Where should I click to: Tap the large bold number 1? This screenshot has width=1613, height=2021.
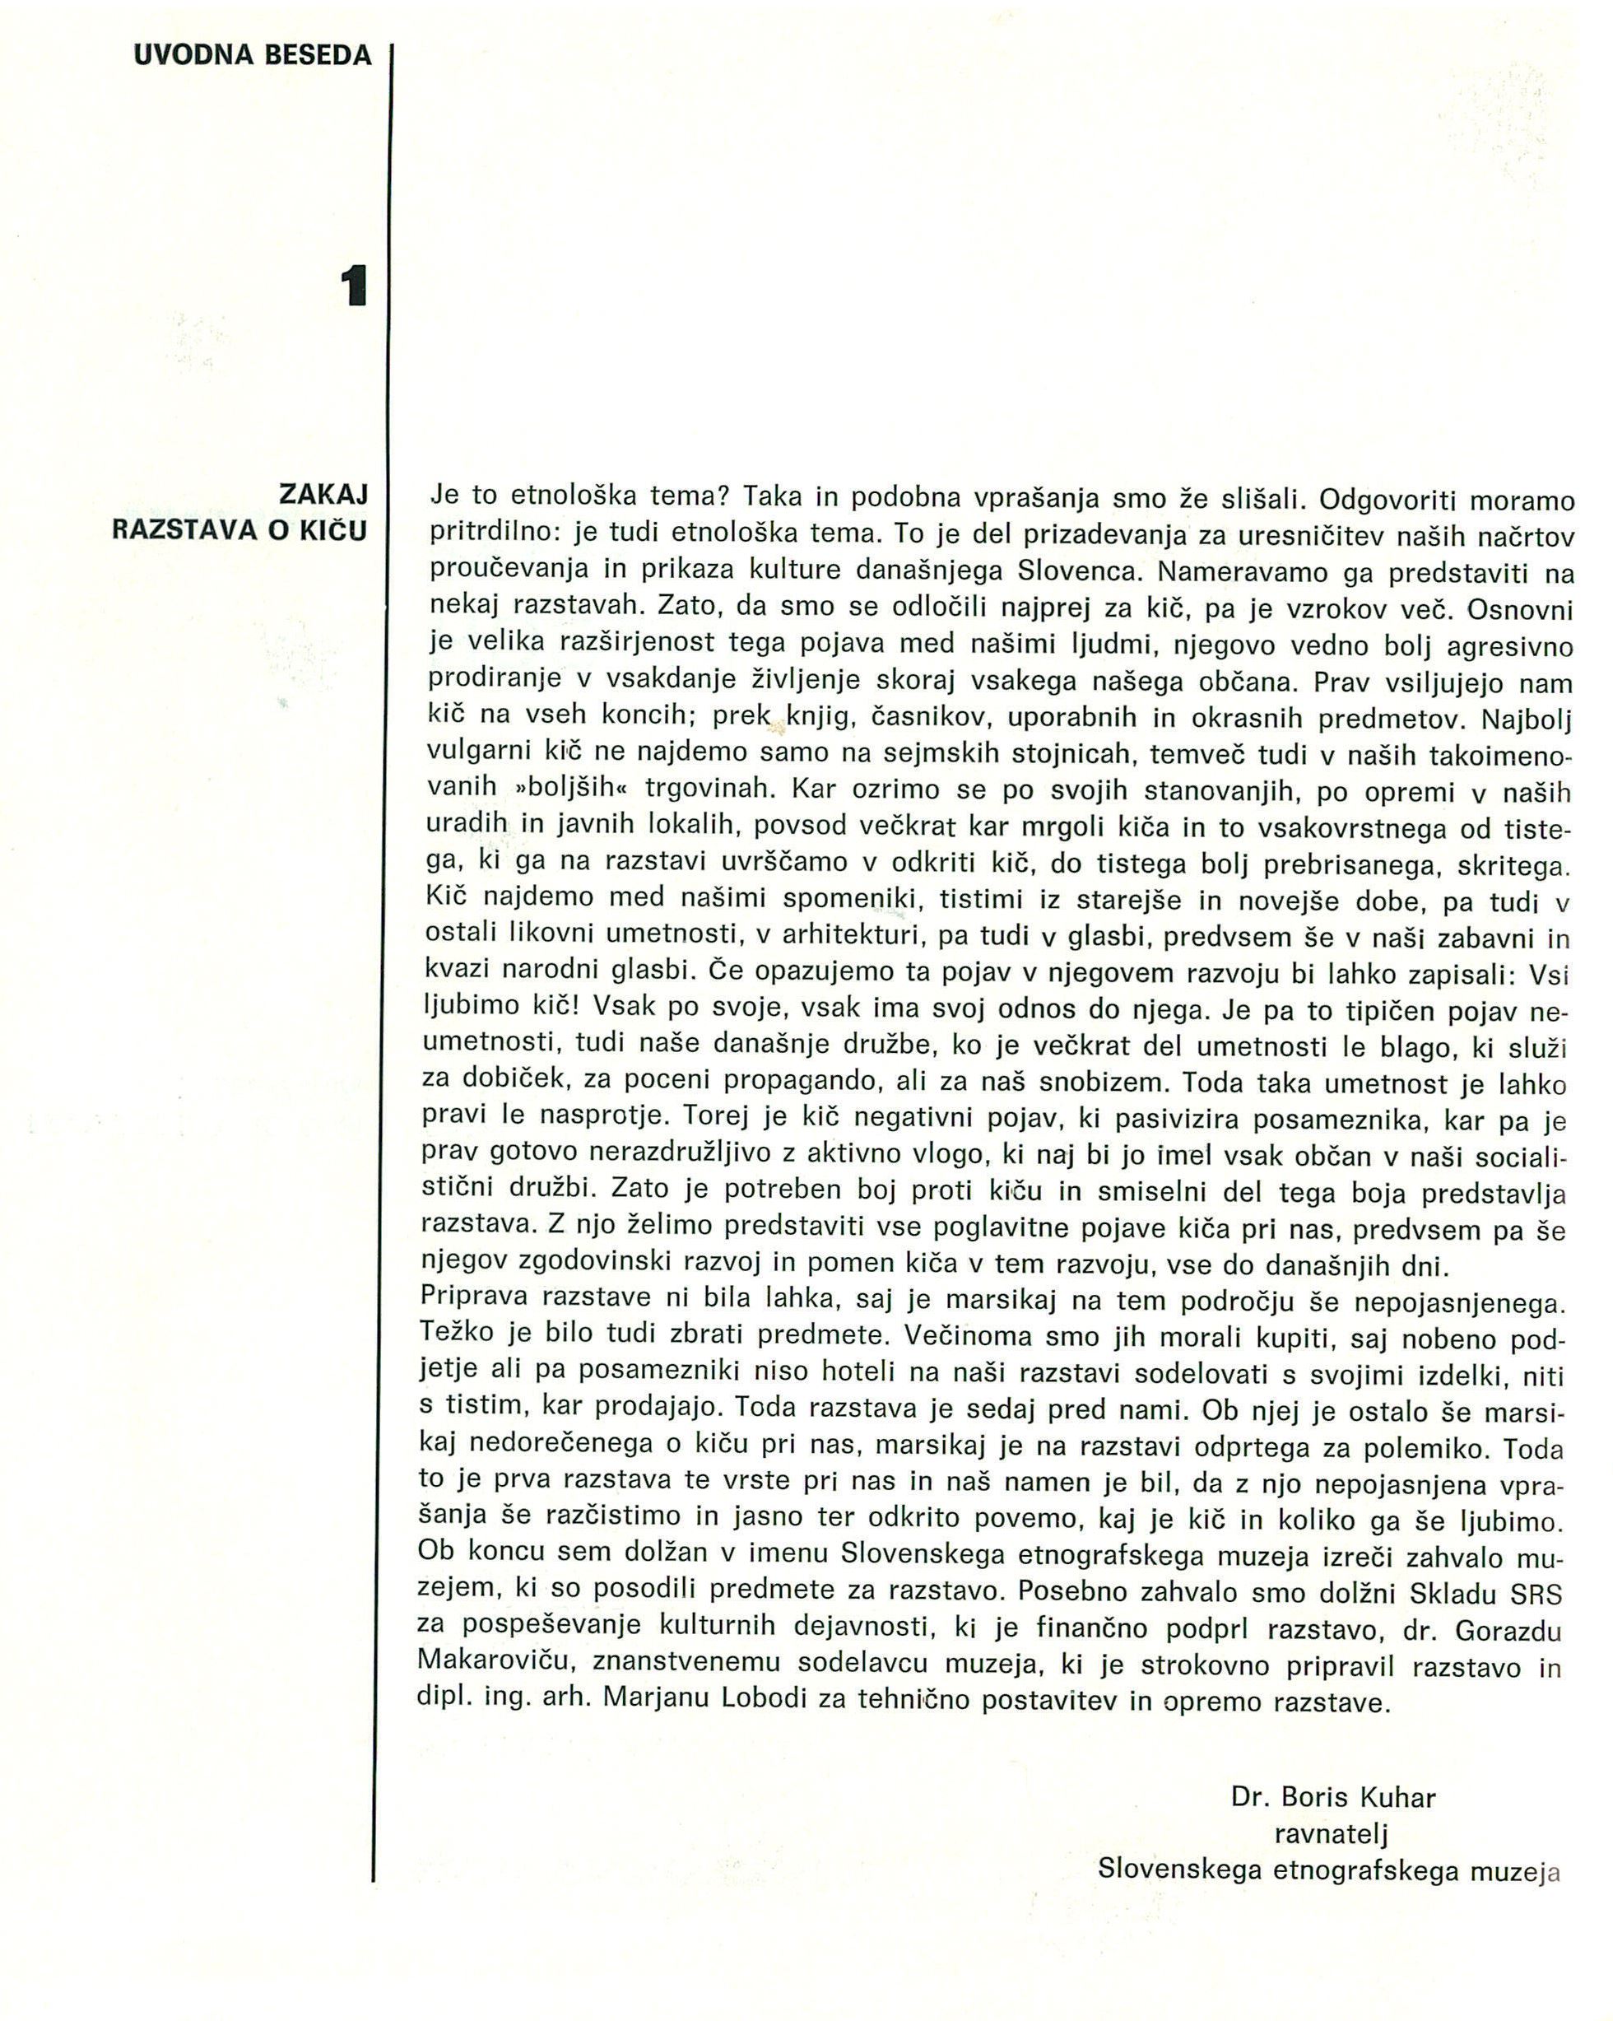coord(354,286)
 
